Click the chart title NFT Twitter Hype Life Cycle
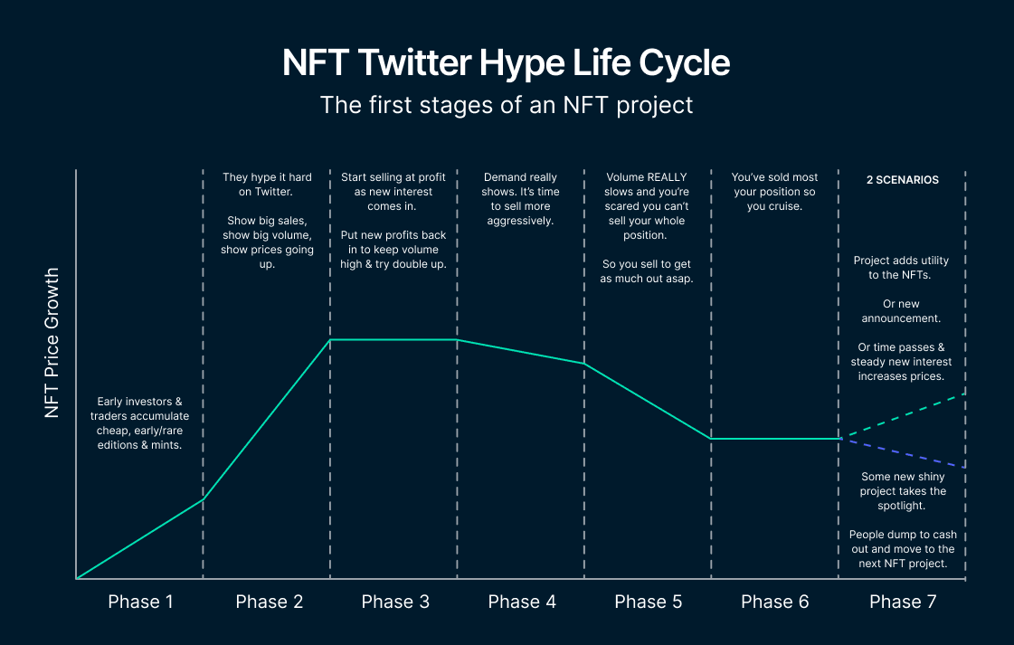[x=506, y=64]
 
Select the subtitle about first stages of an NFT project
[x=506, y=105]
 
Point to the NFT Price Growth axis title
[x=52, y=342]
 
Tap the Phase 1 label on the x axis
[x=140, y=602]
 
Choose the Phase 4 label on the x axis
[x=521, y=602]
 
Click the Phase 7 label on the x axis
[x=902, y=602]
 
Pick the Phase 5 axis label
[x=648, y=602]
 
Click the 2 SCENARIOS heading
[x=902, y=180]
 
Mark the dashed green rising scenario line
[x=905, y=415]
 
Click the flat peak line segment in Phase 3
[x=393, y=340]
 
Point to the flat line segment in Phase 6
[x=773, y=439]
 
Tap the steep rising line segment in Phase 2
[x=267, y=419]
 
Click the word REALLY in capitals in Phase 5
[x=666, y=177]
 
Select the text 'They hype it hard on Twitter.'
[x=267, y=185]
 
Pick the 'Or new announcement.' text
[x=901, y=311]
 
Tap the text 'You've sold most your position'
[x=774, y=185]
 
